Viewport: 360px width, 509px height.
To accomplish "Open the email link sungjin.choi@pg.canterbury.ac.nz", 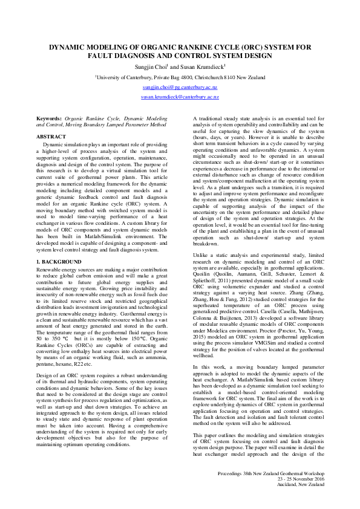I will [x=180, y=87].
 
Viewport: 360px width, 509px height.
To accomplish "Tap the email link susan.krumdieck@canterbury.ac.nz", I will [x=180, y=97].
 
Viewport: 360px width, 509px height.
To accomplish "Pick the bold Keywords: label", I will [x=50, y=119].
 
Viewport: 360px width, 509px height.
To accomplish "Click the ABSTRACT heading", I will [x=51, y=137].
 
